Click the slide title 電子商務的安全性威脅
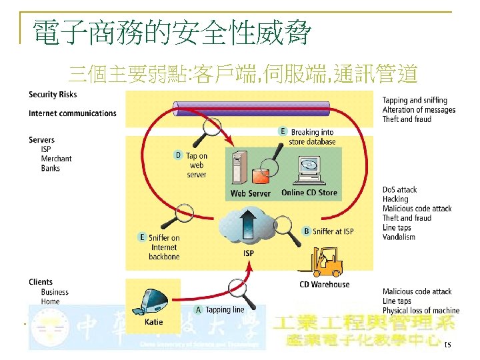[x=171, y=32]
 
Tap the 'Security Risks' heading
[x=53, y=95]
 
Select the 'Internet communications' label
[x=73, y=113]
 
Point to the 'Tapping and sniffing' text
[x=415, y=101]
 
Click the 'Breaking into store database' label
[x=311, y=137]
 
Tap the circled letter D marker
[x=178, y=155]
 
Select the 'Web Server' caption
[x=250, y=193]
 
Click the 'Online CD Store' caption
[x=309, y=193]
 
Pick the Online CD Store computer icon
[x=310, y=169]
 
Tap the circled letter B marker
[x=307, y=231]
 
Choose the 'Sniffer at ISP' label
[x=333, y=231]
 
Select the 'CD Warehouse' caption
[x=324, y=285]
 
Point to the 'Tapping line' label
[x=225, y=310]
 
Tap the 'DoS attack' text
[x=400, y=190]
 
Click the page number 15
[x=447, y=345]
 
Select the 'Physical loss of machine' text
[x=421, y=311]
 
